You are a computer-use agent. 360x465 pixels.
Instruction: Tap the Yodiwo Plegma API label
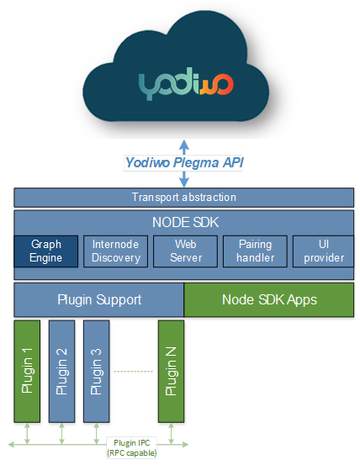point(184,162)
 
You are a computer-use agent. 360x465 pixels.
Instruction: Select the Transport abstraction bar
point(184,198)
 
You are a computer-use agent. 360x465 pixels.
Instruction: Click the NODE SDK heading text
point(185,223)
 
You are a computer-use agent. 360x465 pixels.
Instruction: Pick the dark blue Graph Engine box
point(46,251)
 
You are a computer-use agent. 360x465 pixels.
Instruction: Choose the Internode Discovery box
point(115,251)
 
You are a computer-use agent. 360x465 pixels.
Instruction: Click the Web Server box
point(185,251)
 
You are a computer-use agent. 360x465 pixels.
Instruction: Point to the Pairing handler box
point(255,251)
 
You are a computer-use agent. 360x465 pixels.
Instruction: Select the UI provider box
point(324,251)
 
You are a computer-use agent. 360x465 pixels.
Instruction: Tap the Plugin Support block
point(99,299)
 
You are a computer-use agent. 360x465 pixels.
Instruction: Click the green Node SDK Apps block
point(269,299)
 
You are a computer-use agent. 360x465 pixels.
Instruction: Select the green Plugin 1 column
point(27,372)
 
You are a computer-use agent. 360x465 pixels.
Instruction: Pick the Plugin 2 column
point(61,372)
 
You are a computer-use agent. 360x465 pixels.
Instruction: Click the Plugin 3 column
point(97,372)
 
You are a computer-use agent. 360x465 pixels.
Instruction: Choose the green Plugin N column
point(171,372)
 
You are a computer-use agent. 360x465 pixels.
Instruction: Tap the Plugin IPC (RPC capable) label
point(132,448)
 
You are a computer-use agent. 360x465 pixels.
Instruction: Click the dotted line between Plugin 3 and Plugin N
point(134,371)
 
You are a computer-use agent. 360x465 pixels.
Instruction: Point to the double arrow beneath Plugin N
point(171,434)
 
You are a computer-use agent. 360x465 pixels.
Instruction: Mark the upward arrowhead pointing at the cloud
point(184,145)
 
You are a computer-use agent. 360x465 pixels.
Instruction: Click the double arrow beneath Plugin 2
point(61,434)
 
